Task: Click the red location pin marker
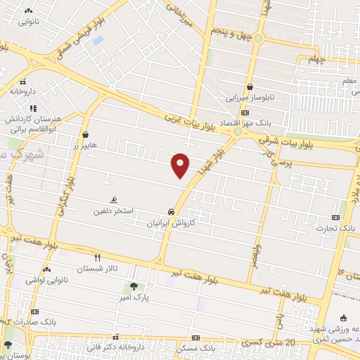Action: click(x=181, y=165)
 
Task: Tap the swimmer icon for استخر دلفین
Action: click(x=115, y=200)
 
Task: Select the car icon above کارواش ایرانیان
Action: click(x=171, y=212)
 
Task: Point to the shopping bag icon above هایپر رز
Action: click(x=85, y=134)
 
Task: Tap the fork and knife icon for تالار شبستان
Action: click(x=98, y=257)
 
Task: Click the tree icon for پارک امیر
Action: click(x=134, y=286)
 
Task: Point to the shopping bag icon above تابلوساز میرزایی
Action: click(x=250, y=87)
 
